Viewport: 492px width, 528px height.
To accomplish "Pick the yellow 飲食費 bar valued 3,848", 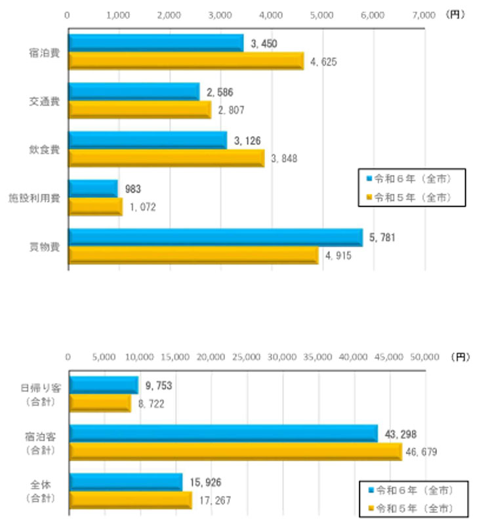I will tap(167, 158).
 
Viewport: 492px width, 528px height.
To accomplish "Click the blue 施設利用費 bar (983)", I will tap(93, 189).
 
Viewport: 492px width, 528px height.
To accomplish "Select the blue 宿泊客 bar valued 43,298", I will tap(223, 433).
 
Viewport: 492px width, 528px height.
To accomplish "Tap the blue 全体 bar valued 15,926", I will tap(125, 481).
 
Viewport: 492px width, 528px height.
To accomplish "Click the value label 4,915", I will tap(338, 256).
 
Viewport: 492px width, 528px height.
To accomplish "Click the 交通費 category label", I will tap(45, 102).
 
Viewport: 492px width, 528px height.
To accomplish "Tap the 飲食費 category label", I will tap(45, 150).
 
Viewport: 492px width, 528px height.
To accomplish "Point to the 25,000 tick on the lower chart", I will tap(247, 357).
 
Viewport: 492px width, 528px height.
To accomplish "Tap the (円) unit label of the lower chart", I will tap(461, 357).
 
